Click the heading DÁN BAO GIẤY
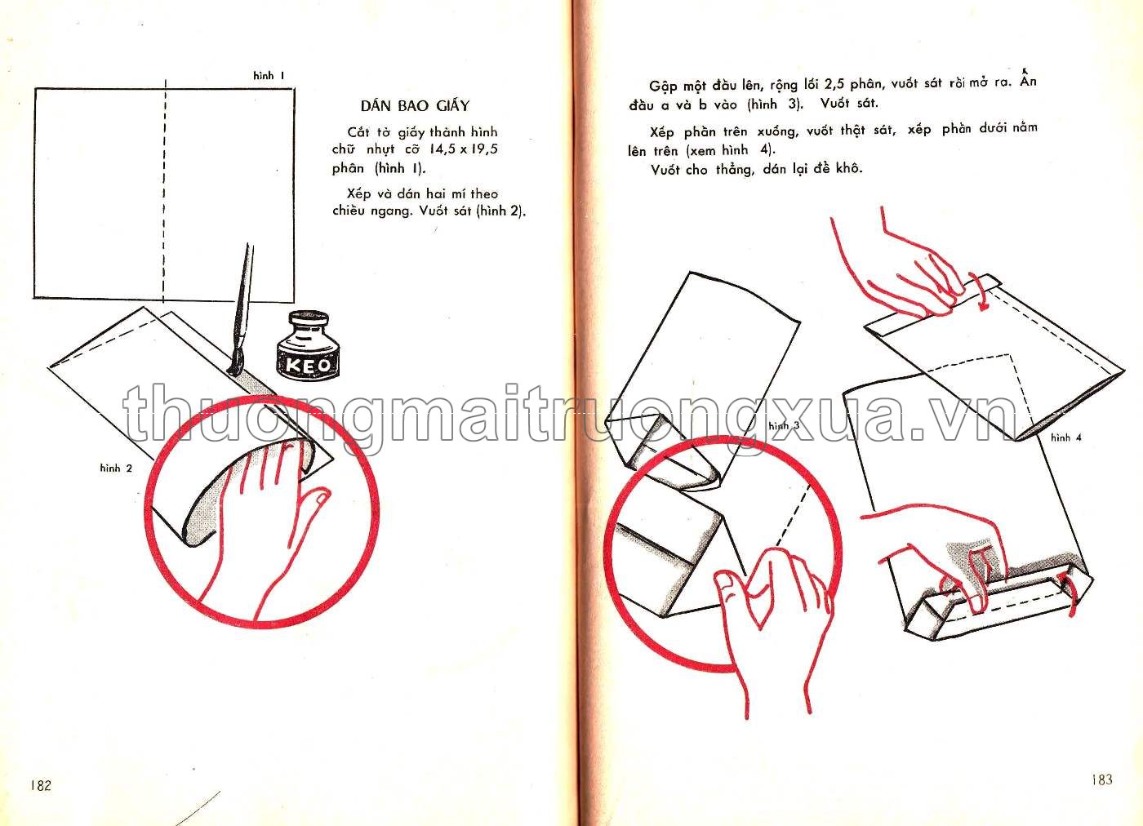tap(415, 105)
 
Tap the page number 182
tap(41, 784)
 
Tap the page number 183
tap(1102, 779)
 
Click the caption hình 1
tap(269, 76)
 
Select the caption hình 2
tap(116, 468)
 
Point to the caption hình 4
tap(1066, 437)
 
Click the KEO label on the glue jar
tap(309, 366)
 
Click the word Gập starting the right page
tap(663, 87)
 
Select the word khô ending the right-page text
tap(848, 167)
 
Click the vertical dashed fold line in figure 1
tap(164, 191)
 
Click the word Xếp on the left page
tap(358, 194)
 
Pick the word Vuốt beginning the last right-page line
tap(665, 170)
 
